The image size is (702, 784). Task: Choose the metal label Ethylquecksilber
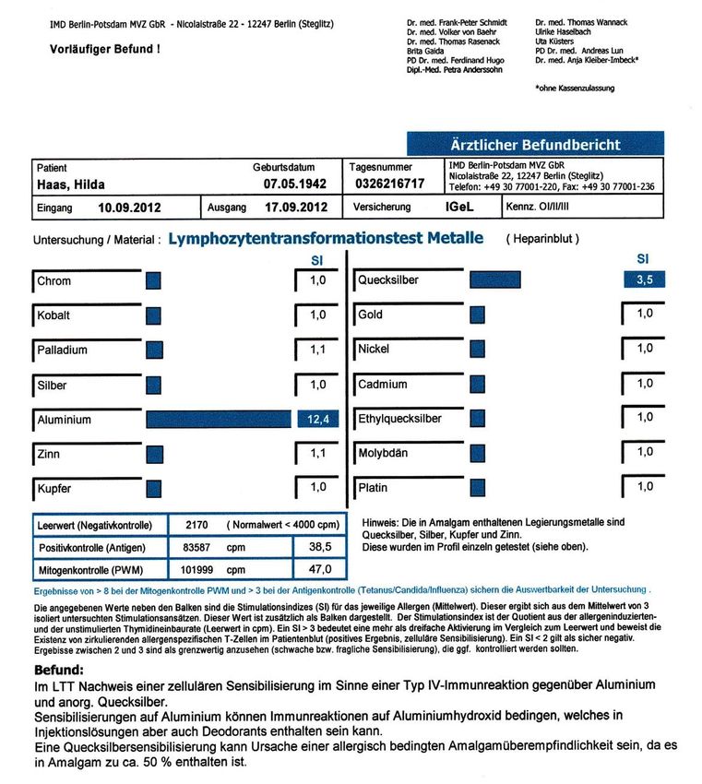coord(399,419)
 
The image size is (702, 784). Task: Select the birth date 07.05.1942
coord(291,184)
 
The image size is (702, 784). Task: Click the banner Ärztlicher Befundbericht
coord(535,145)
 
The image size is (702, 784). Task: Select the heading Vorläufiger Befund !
coord(104,48)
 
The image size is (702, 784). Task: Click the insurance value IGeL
coord(459,208)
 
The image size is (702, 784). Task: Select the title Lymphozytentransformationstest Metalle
coord(326,238)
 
